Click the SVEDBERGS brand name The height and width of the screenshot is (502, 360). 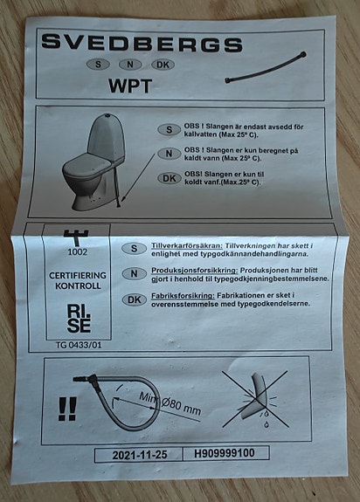[x=142, y=43]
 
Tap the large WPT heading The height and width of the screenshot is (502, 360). [x=130, y=86]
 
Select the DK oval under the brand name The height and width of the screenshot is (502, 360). [x=163, y=65]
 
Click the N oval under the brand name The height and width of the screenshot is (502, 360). [x=130, y=65]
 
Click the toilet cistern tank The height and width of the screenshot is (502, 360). [x=107, y=137]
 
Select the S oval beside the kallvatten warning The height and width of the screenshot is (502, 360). [x=169, y=130]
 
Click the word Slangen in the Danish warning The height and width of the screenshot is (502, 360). [x=218, y=175]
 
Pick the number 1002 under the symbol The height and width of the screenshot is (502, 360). [x=77, y=252]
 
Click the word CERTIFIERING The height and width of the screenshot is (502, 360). [x=78, y=275]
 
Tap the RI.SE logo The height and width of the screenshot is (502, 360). [x=79, y=319]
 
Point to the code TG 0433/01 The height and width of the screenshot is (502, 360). [x=79, y=345]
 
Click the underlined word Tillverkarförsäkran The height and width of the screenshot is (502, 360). [x=187, y=246]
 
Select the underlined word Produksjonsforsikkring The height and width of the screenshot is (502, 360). [x=194, y=271]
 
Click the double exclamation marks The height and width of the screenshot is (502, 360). [x=67, y=409]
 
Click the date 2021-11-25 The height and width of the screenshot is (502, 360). [x=140, y=455]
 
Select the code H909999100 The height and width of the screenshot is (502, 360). [x=225, y=453]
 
